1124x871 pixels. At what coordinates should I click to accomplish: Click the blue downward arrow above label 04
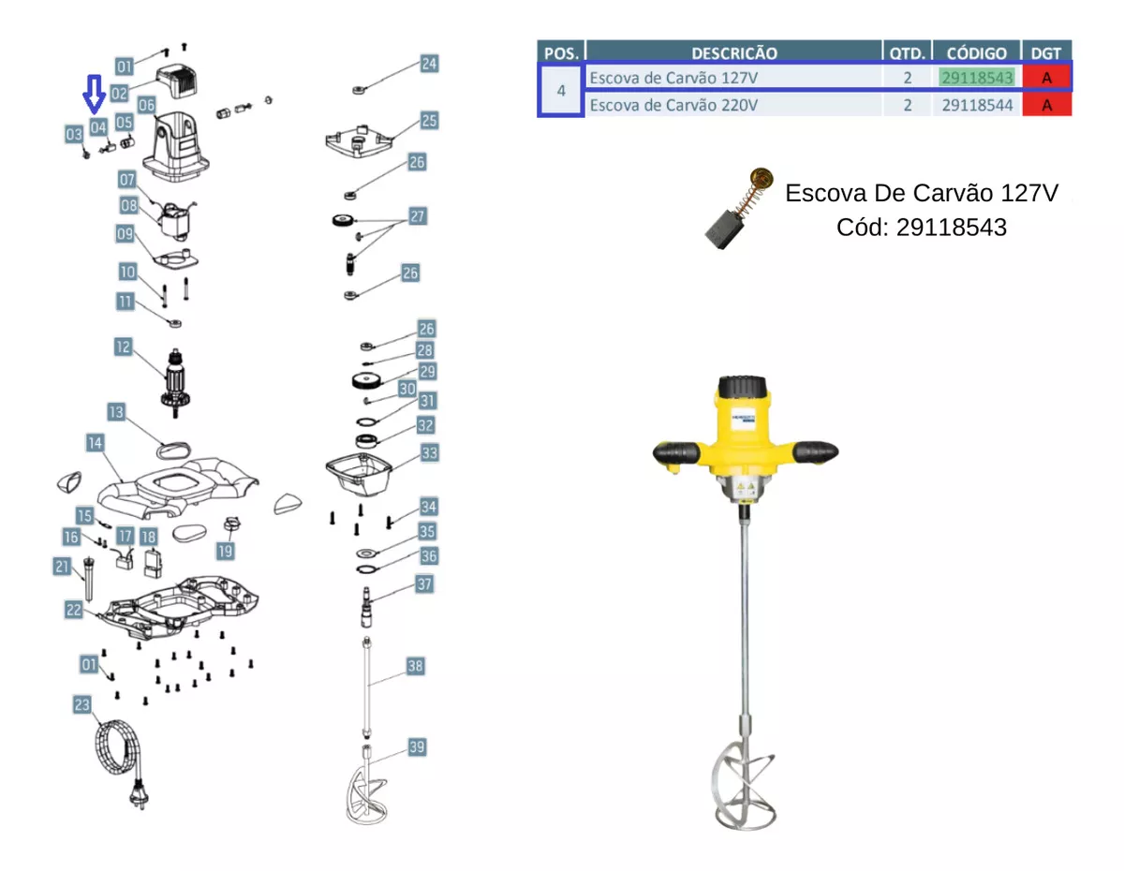(93, 94)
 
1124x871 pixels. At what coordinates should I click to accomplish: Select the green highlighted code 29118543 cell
(977, 78)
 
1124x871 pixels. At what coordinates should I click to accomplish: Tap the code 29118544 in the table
(977, 105)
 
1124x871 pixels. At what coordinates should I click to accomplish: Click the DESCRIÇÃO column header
(734, 52)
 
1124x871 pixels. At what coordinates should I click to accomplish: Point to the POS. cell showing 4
(561, 91)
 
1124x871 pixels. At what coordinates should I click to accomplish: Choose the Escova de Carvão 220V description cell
(673, 105)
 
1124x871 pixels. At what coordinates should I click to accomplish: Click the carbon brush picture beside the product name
(739, 211)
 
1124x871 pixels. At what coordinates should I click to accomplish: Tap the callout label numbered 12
(124, 347)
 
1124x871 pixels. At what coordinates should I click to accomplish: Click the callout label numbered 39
(417, 746)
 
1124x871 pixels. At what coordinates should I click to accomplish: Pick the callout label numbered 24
(429, 64)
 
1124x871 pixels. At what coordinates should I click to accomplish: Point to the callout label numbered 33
(429, 453)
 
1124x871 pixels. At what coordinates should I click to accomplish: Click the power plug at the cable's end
(136, 797)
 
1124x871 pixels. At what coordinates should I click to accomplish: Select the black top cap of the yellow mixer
(743, 387)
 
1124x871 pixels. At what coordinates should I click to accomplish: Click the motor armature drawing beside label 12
(175, 380)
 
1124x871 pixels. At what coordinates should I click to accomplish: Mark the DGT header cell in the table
(1046, 52)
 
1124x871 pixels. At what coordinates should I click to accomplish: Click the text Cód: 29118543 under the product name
(922, 227)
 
